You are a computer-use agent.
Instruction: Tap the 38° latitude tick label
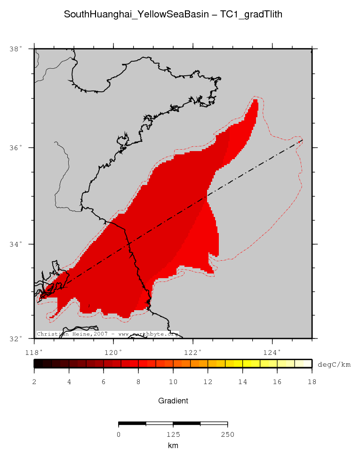tap(16, 48)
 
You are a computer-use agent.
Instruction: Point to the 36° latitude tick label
tap(16, 147)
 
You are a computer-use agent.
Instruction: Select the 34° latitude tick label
tap(16, 244)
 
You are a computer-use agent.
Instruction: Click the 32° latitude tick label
tap(16, 338)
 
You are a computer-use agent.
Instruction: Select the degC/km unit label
tap(334, 364)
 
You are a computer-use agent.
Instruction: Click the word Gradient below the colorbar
tap(173, 401)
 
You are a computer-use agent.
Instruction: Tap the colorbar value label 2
tap(34, 382)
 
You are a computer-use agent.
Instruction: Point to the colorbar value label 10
tap(173, 382)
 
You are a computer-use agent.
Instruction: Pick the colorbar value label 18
tap(312, 382)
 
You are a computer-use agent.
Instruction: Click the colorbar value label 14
tap(242, 382)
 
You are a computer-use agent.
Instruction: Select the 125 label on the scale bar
tap(173, 434)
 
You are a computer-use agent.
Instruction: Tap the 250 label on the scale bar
tap(228, 434)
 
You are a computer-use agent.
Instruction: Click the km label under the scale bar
tap(173, 445)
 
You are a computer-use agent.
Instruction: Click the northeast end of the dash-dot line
tap(302, 140)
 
